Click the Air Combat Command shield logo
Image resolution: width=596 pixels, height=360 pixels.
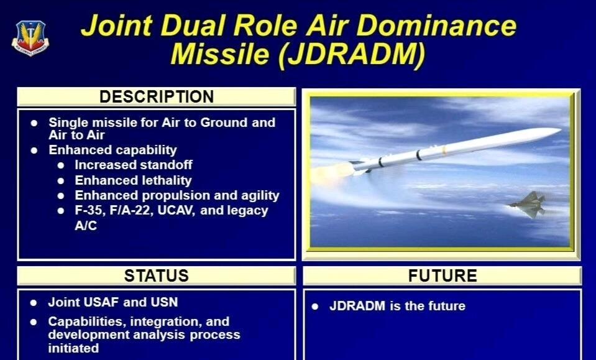30,38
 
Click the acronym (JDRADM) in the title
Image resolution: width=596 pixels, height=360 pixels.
352,53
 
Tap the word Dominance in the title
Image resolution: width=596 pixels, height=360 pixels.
437,25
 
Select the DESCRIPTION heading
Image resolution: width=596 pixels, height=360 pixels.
157,96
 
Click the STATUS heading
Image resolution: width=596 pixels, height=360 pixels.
156,275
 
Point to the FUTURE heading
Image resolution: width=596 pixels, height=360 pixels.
442,275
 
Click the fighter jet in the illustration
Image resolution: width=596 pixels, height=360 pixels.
528,205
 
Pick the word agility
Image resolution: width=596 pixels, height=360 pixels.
260,195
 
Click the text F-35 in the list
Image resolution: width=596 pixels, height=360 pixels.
89,210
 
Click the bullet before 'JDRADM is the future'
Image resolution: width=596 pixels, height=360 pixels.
315,307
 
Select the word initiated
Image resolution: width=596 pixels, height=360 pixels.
73,348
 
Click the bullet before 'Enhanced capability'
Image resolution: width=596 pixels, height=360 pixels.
35,150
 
